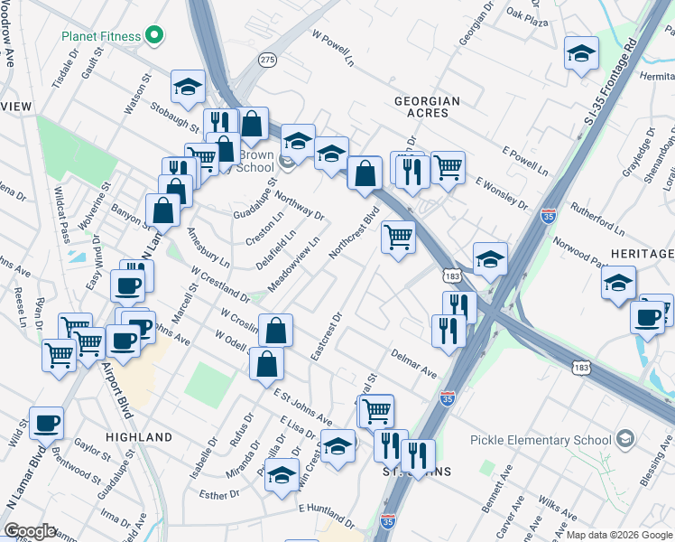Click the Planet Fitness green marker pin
point(154,36)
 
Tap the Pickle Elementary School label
point(541,440)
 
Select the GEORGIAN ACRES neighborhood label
point(427,109)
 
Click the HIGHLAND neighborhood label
point(139,437)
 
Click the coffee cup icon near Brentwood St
point(46,422)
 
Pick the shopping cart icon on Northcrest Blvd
point(398,237)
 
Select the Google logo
point(30,531)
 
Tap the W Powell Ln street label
point(333,50)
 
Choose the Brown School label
point(255,161)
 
